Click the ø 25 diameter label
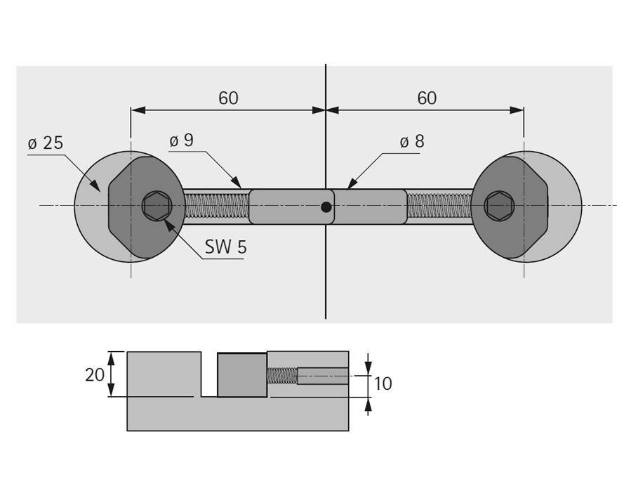coord(46,143)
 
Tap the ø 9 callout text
coord(182,140)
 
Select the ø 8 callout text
coord(412,142)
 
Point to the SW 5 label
coord(225,247)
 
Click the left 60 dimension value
coord(228,98)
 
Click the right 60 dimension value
coord(427,98)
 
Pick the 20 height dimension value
coord(95,375)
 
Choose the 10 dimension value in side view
coord(383,384)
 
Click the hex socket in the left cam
coord(157,206)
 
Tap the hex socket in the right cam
coord(499,206)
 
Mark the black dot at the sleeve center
coord(326,207)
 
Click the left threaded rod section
coord(217,206)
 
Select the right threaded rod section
coord(439,206)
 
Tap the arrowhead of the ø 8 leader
coord(347,189)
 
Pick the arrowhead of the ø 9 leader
coord(241,188)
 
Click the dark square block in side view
coord(242,375)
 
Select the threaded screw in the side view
coord(281,376)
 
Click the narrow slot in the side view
coord(209,374)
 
